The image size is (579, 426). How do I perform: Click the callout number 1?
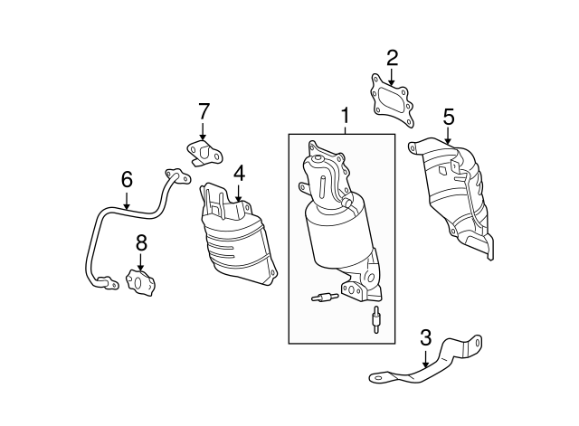coord(345,115)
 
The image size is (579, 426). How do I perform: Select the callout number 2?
coord(392,59)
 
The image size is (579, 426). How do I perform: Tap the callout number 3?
coord(425,338)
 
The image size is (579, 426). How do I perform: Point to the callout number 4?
coord(239,172)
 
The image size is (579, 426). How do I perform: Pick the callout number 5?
coord(448,116)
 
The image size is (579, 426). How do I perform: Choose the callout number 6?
coord(127,179)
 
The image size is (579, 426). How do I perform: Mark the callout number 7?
coord(204,111)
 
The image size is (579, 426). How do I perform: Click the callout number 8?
coord(140,241)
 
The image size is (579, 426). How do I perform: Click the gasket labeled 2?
coord(392,99)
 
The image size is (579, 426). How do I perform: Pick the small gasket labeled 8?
coord(143,282)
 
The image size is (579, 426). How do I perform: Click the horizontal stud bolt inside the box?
coord(321,296)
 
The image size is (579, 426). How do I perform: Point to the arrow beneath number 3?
coord(425,359)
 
